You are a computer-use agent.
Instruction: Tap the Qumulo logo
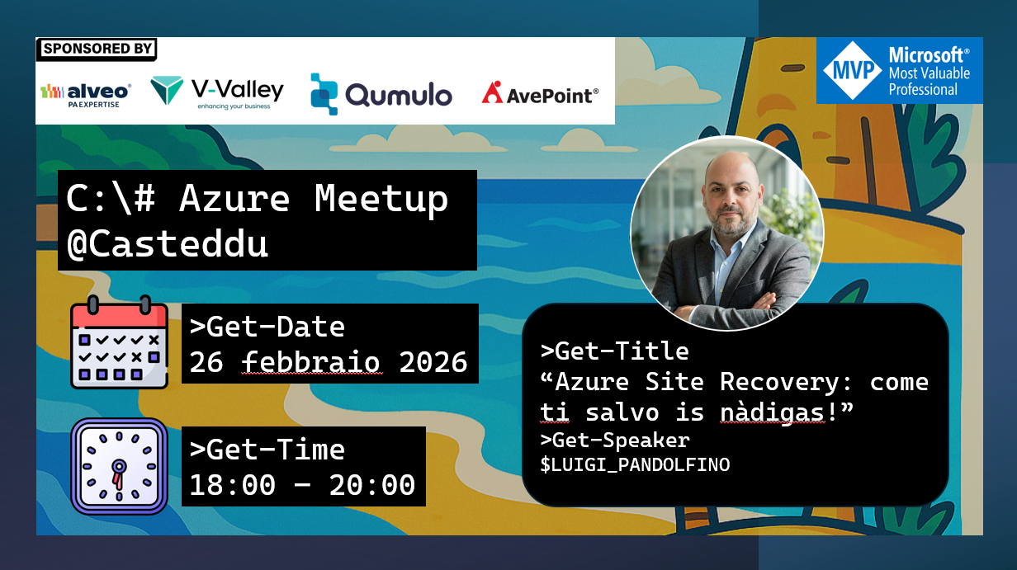point(381,94)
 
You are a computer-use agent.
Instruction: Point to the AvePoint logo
point(540,93)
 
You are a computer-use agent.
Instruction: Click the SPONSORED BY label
point(97,49)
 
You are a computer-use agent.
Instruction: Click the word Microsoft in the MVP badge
point(925,55)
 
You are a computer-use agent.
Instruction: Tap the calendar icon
point(119,342)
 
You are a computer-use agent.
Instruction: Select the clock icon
point(119,466)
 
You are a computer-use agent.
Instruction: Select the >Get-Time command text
point(267,450)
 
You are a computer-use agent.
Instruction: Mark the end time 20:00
point(372,485)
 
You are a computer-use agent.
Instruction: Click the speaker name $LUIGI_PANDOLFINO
point(635,464)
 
